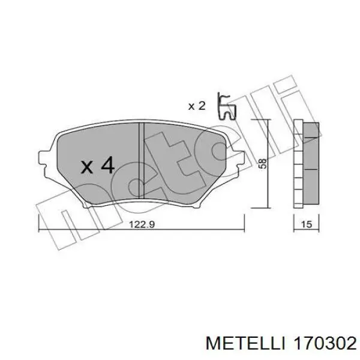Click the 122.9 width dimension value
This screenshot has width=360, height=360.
142,224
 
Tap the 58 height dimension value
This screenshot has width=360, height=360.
263,163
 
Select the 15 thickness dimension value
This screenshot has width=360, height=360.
307,224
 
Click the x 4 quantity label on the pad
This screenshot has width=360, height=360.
98,165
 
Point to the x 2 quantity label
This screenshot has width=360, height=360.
197,106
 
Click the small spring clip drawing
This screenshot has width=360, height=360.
226,106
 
